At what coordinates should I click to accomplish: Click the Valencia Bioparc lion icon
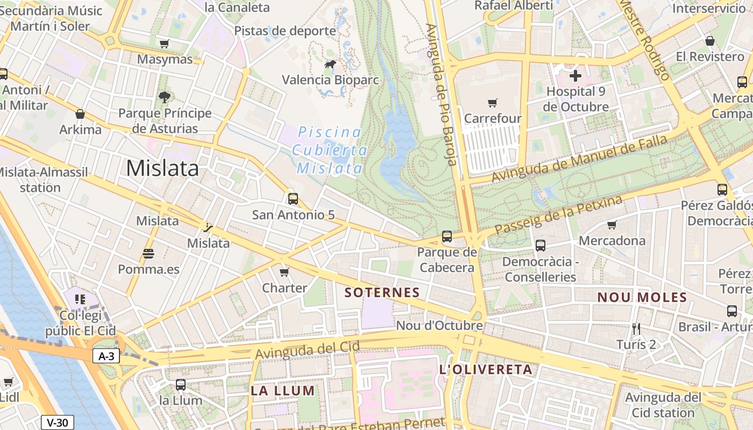pos(330,64)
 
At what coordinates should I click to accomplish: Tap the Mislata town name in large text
pos(162,168)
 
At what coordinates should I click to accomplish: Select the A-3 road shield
pos(106,356)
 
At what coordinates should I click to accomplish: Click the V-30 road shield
pos(58,422)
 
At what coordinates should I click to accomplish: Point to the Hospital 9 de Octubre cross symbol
pos(575,76)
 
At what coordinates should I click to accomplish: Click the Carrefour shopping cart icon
pos(493,103)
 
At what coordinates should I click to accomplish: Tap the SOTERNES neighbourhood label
pos(382,293)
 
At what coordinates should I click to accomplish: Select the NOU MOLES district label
pos(642,298)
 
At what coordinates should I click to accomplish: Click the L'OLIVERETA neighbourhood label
pos(486,370)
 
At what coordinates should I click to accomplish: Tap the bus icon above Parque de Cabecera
pos(447,236)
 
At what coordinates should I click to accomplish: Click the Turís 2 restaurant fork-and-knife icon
pos(636,328)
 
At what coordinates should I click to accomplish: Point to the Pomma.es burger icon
pos(148,253)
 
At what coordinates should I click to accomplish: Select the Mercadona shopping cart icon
pos(612,225)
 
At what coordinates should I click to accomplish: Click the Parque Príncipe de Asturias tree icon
pos(165,97)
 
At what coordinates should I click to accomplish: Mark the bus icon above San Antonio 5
pos(293,199)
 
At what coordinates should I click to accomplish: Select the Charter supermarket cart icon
pos(285,272)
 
